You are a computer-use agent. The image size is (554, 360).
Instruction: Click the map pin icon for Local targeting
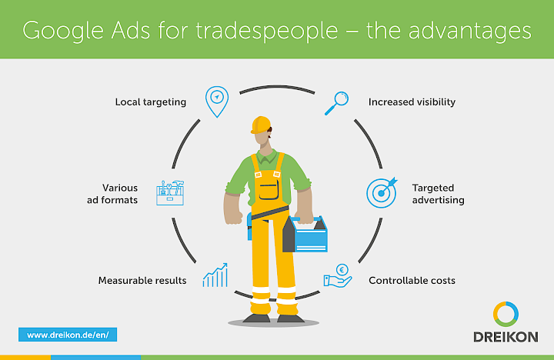pyautogui.click(x=217, y=101)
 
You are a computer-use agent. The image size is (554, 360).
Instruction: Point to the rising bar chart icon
pyautogui.click(x=215, y=275)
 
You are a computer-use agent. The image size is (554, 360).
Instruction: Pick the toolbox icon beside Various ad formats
pyautogui.click(x=170, y=192)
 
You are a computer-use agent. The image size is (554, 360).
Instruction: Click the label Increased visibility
pyautogui.click(x=412, y=102)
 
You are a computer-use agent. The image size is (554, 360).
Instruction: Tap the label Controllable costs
pyautogui.click(x=412, y=280)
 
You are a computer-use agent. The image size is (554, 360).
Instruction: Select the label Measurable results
pyautogui.click(x=142, y=280)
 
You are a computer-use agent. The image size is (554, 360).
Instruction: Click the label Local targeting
pyautogui.click(x=151, y=102)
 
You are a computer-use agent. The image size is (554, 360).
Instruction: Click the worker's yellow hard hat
pyautogui.click(x=262, y=125)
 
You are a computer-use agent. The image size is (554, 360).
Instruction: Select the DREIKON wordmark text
pyautogui.click(x=506, y=336)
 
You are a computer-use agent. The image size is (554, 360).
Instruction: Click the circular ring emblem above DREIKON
pyautogui.click(x=506, y=313)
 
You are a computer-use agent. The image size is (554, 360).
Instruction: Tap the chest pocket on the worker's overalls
pyautogui.click(x=268, y=188)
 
